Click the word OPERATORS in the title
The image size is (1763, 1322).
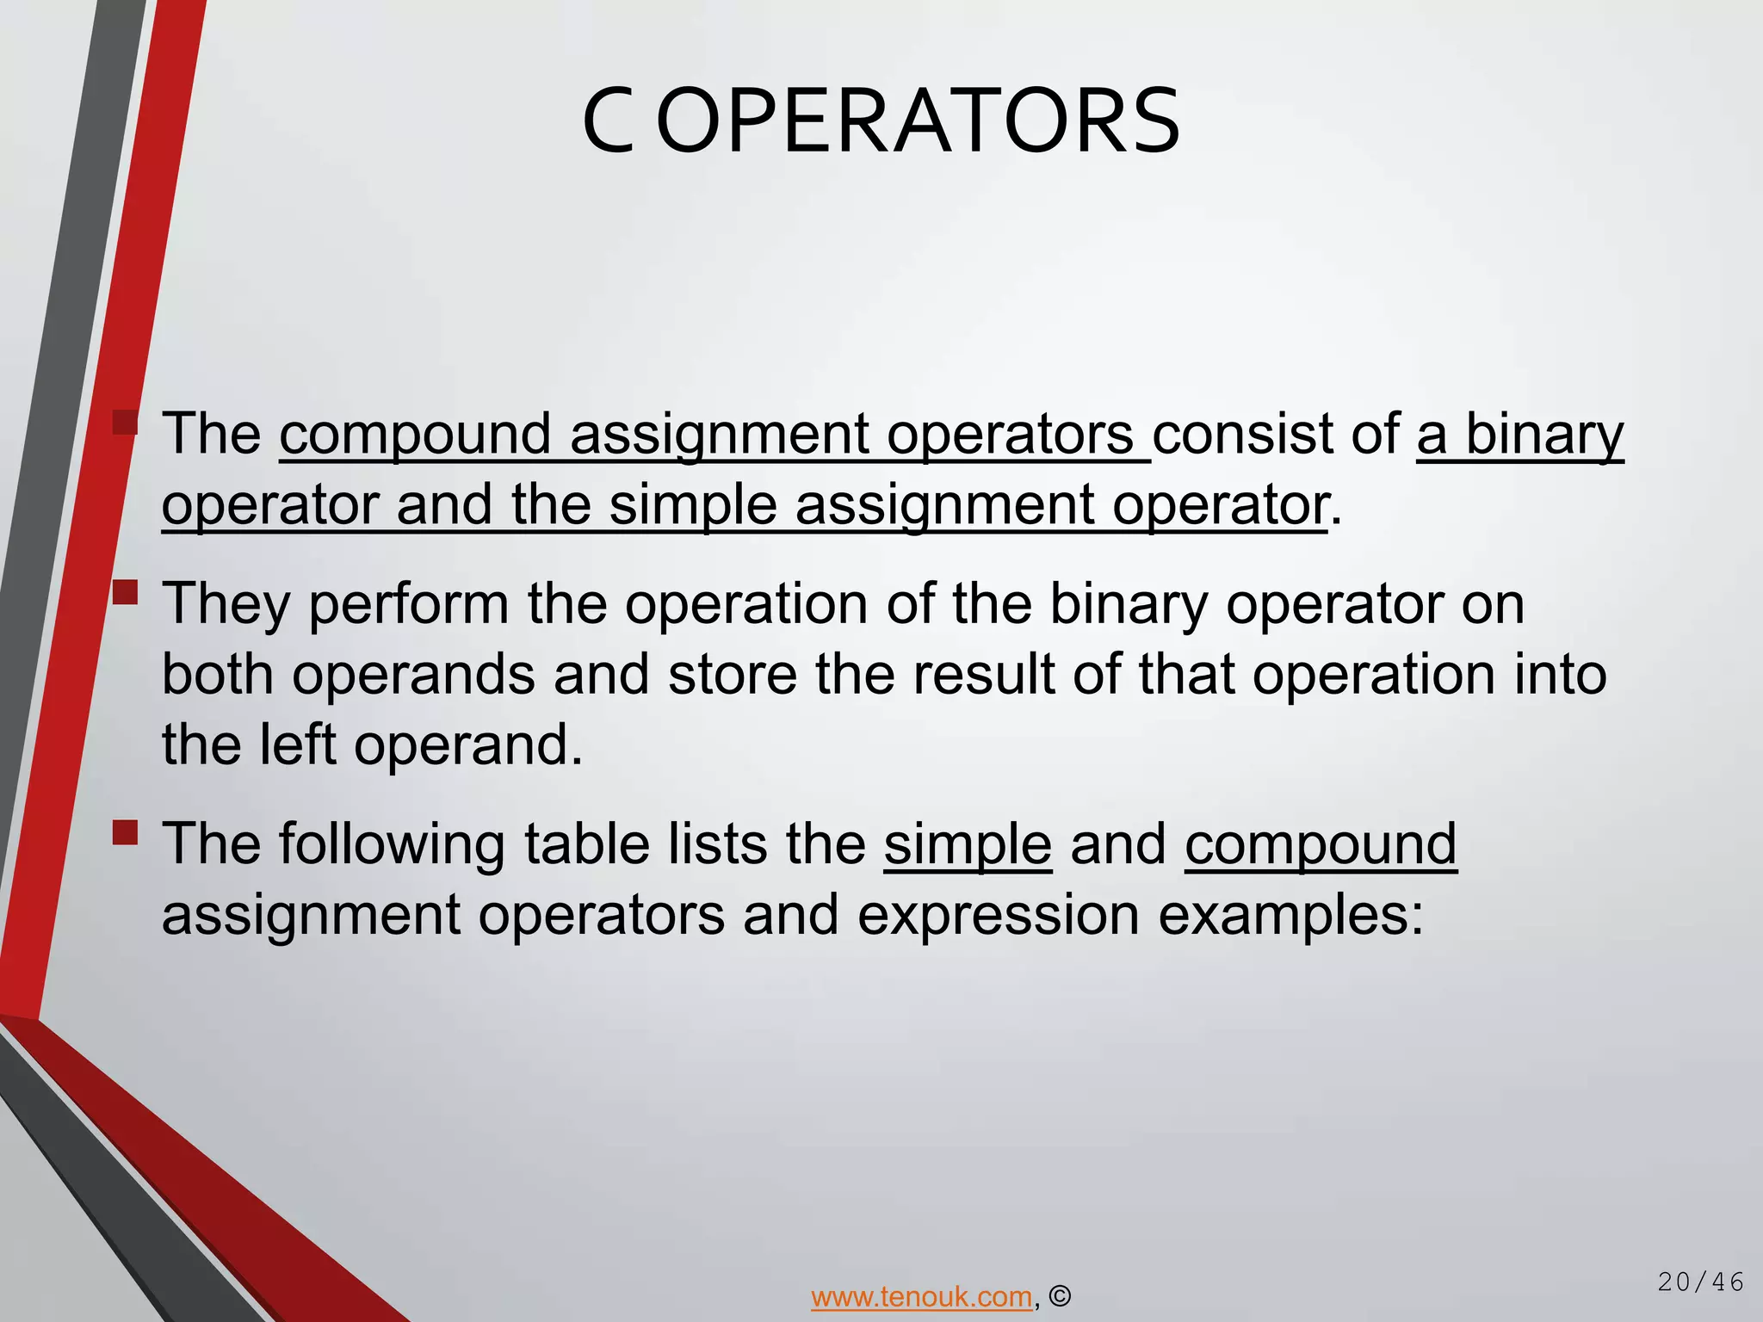[x=919, y=122]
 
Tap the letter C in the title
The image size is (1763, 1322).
[x=608, y=122]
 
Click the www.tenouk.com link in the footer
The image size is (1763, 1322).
[x=921, y=1296]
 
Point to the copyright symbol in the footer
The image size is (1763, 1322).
[x=1061, y=1296]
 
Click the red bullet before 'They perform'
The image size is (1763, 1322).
[x=126, y=593]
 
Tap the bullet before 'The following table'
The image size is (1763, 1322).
[x=126, y=832]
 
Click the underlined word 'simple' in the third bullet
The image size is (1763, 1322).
[x=968, y=845]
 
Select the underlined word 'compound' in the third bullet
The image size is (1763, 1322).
[x=1321, y=845]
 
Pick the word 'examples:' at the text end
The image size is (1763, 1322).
[x=1291, y=916]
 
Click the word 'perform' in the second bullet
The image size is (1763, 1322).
[x=409, y=604]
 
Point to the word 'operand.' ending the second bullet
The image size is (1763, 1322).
[x=468, y=745]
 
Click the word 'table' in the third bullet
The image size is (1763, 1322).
[x=586, y=845]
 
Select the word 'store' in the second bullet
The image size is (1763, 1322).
[x=732, y=675]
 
